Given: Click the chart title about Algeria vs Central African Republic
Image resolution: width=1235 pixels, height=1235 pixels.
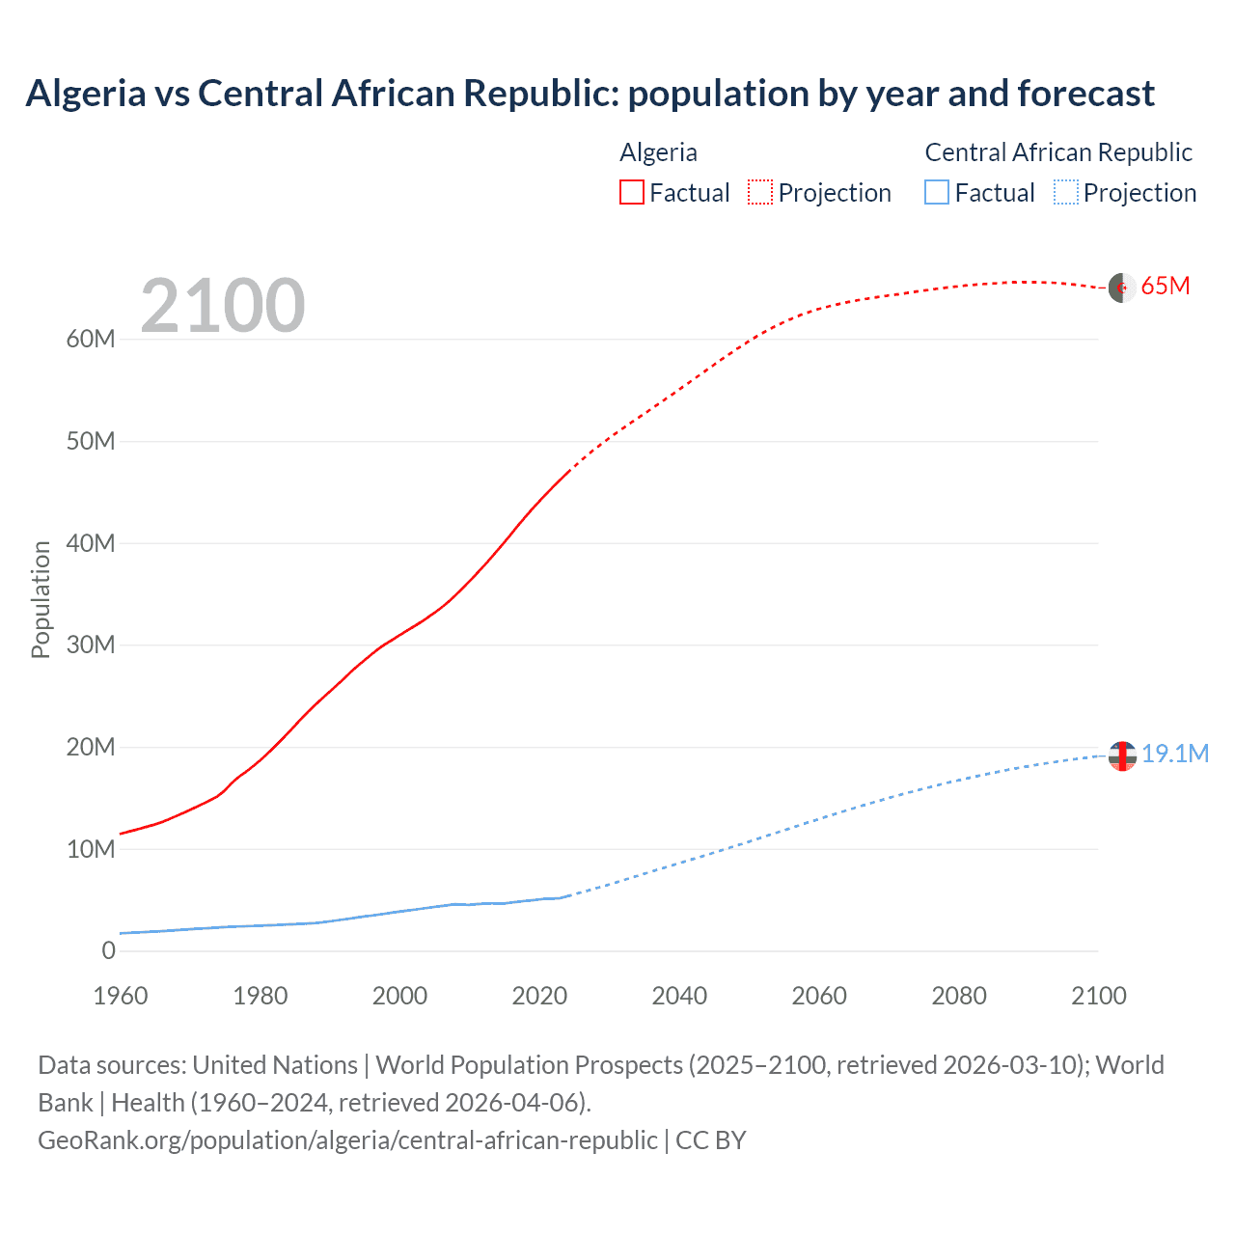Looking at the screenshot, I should coord(590,94).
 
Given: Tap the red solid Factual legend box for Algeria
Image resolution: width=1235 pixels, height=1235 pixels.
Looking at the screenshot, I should coord(631,192).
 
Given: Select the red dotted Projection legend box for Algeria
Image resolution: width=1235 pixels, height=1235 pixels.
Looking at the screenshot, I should coord(760,192).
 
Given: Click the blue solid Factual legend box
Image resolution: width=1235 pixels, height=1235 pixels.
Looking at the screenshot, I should coord(937,192).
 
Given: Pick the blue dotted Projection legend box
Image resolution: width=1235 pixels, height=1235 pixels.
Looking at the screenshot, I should coord(1065,192).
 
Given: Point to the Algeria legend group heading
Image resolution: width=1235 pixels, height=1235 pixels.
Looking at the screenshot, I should coord(658,152).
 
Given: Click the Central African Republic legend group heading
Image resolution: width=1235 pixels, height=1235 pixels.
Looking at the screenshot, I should coord(1058,152).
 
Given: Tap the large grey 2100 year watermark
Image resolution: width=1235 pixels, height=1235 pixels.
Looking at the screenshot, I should coord(223,306).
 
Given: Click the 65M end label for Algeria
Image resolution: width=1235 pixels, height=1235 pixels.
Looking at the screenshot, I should coord(1165,287).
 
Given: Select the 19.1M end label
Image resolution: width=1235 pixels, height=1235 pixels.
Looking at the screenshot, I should coord(1174,754).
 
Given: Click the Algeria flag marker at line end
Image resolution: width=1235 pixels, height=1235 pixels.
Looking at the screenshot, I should coord(1121,288).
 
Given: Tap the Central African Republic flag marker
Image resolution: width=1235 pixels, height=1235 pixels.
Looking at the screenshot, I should coord(1122,756).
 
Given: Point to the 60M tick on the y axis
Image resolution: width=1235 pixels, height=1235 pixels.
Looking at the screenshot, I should coord(91,339).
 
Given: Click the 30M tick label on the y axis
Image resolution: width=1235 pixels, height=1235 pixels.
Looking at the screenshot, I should coord(91,645).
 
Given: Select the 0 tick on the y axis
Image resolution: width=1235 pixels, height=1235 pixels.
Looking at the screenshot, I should coord(108,950).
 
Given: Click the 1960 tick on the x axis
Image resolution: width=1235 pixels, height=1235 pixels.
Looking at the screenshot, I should coord(121,996).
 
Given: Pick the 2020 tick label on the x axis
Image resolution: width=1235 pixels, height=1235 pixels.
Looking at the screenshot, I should coord(539,996).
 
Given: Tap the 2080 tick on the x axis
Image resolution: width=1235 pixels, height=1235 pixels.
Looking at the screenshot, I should coord(959,996).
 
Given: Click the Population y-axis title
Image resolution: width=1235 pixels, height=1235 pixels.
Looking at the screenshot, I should coord(41,599).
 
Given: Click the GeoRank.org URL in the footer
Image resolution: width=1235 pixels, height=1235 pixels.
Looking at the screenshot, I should coord(348,1140).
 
